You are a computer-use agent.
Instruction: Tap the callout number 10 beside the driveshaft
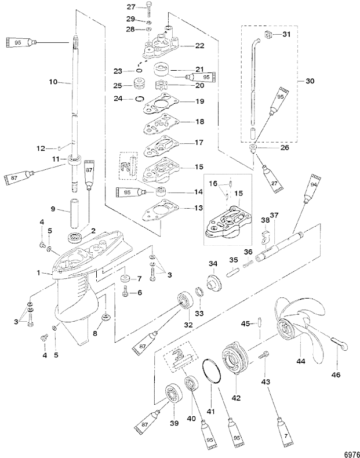click(x=53, y=82)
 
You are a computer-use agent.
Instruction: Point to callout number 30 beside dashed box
click(x=310, y=81)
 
